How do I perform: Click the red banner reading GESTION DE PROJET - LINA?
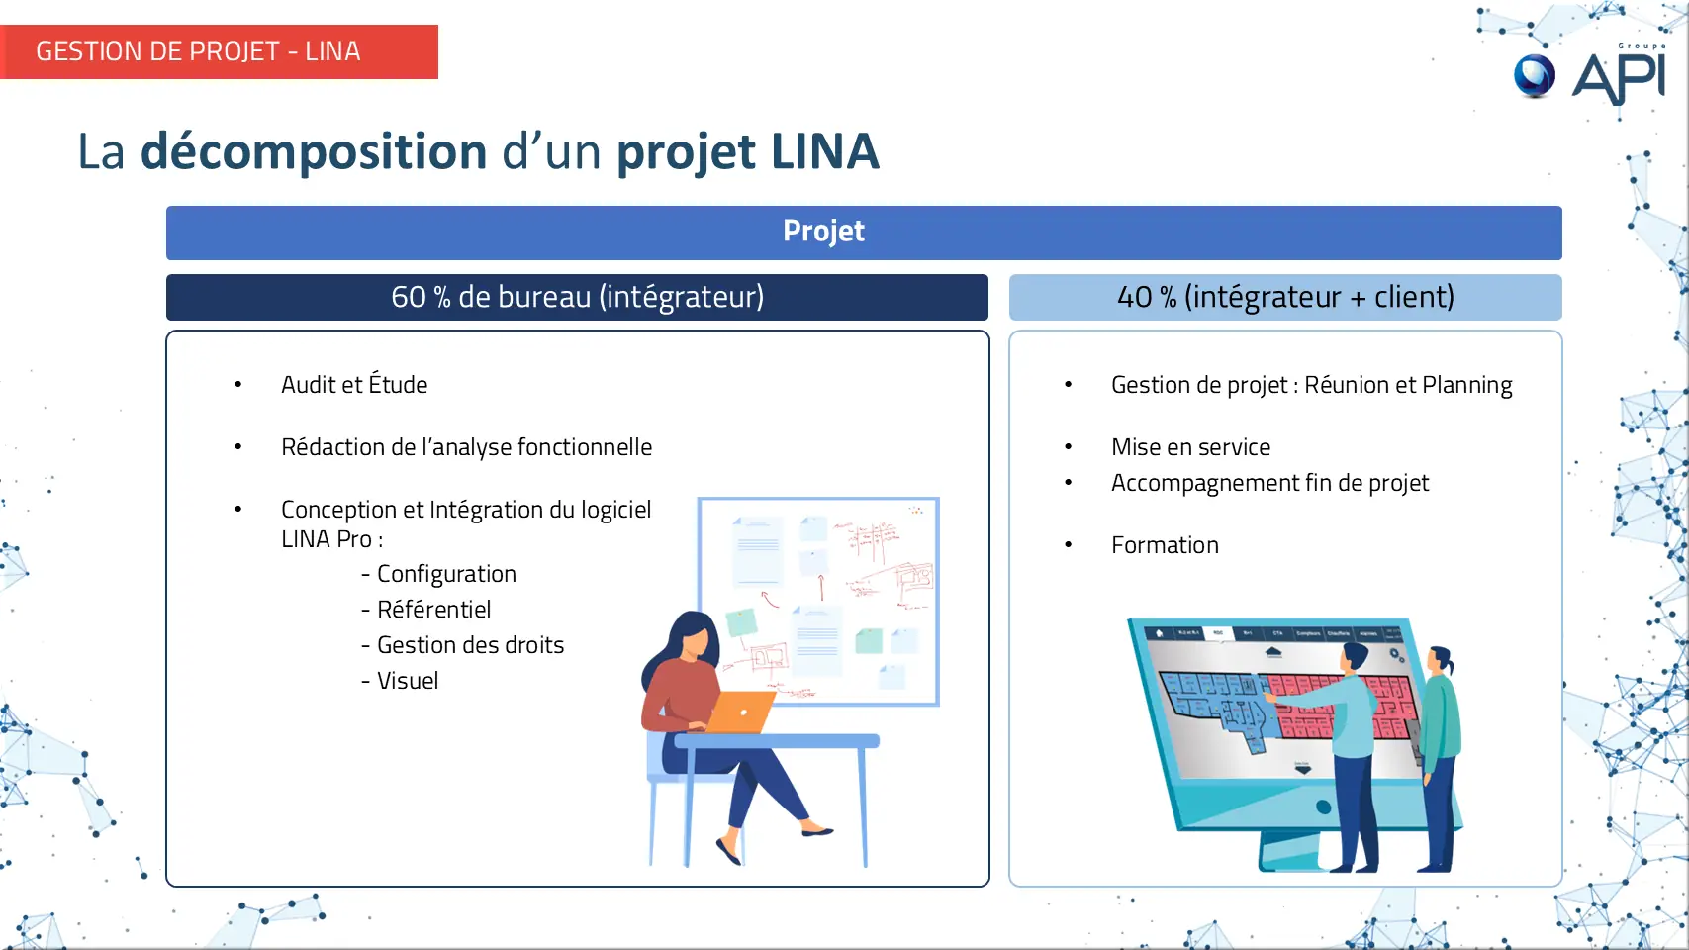[219, 51]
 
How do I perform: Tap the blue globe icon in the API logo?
[1535, 76]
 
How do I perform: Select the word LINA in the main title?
[825, 151]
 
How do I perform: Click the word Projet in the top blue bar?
[823, 231]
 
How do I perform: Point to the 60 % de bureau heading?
[577, 297]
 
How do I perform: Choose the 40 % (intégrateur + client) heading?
[1285, 297]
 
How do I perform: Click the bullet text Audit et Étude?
[354, 384]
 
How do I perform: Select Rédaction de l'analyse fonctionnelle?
[467, 447]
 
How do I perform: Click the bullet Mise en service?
[1190, 447]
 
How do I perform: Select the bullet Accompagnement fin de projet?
[1269, 483]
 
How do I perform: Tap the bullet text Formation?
[1165, 545]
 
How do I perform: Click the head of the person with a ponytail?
[1441, 660]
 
